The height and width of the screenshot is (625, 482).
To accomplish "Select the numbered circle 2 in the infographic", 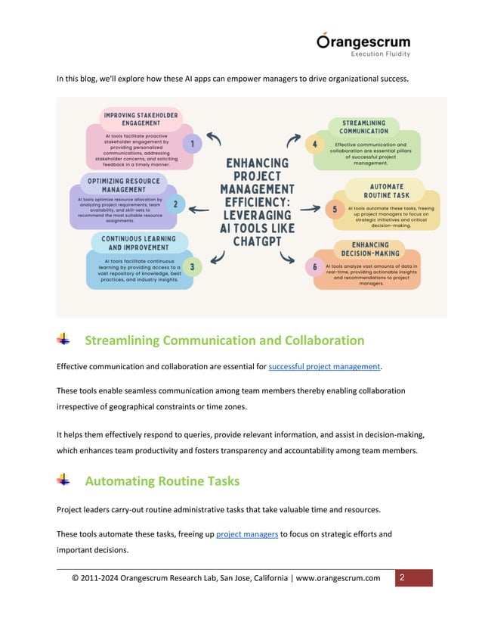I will point(175,204).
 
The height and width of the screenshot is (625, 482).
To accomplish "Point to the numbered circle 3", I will point(192,266).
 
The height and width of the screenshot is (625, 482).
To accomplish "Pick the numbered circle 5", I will point(334,209).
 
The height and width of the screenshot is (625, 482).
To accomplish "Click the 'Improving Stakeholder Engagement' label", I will point(141,118).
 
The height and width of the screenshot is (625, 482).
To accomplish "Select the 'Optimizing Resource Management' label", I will point(125,185).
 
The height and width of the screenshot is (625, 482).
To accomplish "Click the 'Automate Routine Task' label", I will point(387,190).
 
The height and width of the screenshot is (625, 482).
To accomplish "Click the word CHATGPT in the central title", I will point(252,241).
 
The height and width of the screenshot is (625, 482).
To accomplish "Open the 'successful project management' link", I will point(325,367).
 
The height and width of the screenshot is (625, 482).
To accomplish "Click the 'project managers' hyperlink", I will point(246,534).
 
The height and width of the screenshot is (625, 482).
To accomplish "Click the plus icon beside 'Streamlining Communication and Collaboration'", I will point(64,340).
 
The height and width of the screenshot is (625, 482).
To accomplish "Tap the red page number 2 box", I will point(412,578).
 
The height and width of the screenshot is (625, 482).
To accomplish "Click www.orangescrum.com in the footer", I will point(338,579).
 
